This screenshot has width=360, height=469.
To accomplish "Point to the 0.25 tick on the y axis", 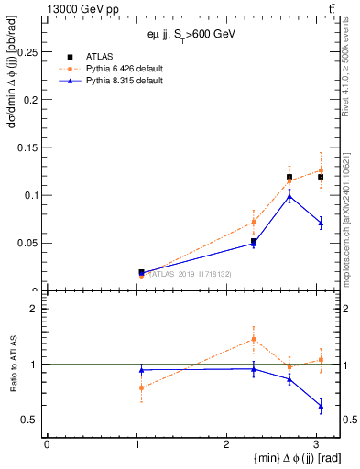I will (28, 52).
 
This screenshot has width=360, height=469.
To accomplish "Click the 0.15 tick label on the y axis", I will (28, 147).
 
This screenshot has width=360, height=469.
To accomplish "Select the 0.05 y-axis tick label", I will (28, 243).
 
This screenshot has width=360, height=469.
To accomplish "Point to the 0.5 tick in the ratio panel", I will (30, 420).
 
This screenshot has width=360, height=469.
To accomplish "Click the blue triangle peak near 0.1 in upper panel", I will (289, 195).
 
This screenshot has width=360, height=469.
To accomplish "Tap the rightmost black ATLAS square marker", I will (321, 177).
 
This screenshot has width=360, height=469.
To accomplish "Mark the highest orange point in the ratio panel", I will (254, 339).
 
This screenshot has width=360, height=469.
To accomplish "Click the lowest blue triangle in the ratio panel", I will (321, 406).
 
